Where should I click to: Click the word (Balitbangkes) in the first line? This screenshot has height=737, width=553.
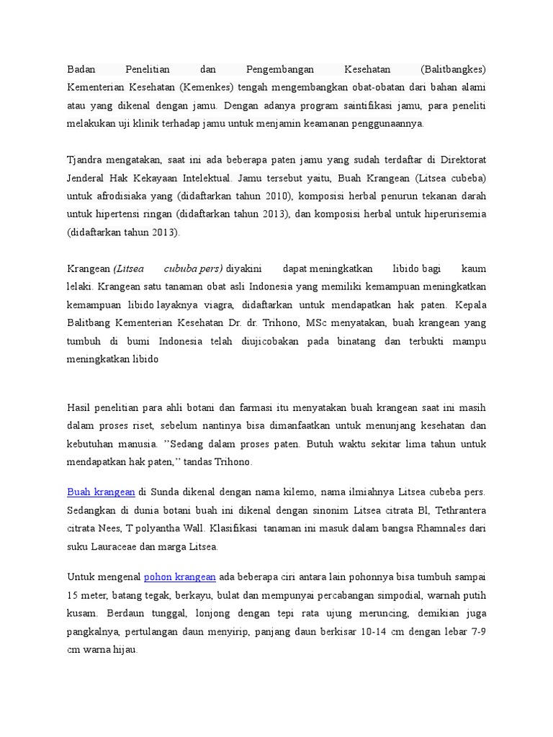coord(453,70)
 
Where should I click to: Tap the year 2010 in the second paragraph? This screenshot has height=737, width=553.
coord(268,196)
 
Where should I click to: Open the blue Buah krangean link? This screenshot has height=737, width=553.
coord(101,492)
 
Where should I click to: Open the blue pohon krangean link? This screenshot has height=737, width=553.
coord(180,577)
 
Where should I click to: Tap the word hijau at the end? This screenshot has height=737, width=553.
coord(122,649)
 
